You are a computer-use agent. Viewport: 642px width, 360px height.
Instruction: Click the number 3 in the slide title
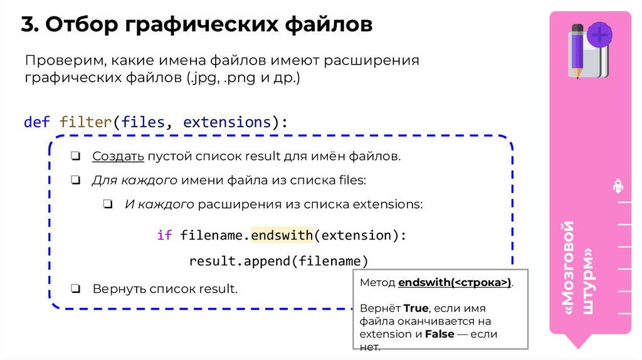[x=28, y=25]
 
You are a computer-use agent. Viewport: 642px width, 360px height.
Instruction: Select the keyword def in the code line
[x=37, y=122]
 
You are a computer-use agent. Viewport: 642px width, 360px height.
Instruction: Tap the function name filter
[x=85, y=122]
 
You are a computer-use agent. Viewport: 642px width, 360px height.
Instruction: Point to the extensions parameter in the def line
[x=225, y=122]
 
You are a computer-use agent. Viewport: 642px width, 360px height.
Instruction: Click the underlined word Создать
[x=118, y=156]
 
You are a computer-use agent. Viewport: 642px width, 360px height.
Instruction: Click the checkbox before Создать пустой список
[x=75, y=156]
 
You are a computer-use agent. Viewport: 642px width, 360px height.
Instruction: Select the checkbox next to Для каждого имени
[x=75, y=181]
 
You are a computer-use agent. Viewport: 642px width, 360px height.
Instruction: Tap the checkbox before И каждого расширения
[x=108, y=204]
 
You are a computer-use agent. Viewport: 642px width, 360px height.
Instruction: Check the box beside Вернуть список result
[x=75, y=289]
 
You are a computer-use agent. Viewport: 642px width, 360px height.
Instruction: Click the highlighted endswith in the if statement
[x=282, y=235]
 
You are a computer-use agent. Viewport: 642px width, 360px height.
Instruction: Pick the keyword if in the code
[x=164, y=235]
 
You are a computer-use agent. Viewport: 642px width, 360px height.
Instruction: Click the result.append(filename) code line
[x=278, y=260]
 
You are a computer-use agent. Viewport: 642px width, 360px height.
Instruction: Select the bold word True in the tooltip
[x=416, y=308]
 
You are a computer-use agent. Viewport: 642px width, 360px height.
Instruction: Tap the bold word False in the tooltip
[x=439, y=334]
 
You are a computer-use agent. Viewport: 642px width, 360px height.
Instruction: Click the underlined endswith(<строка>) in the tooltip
[x=455, y=283]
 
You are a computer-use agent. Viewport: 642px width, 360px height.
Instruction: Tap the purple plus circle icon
[x=600, y=34]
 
